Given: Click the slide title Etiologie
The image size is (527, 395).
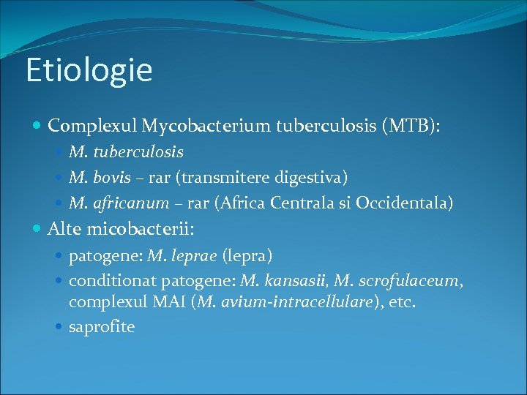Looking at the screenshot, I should pyautogui.click(x=89, y=70).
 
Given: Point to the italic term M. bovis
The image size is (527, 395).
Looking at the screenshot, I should pyautogui.click(x=100, y=177).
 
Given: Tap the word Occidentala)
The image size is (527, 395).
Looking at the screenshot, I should pyautogui.click(x=404, y=203).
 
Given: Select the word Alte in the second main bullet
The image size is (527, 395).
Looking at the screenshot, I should pyautogui.click(x=64, y=229).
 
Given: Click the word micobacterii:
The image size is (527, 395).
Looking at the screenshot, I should pyautogui.click(x=140, y=229).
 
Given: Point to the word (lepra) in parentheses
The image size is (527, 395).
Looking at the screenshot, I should pyautogui.click(x=247, y=256).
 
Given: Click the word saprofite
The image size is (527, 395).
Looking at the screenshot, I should pyautogui.click(x=102, y=327).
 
